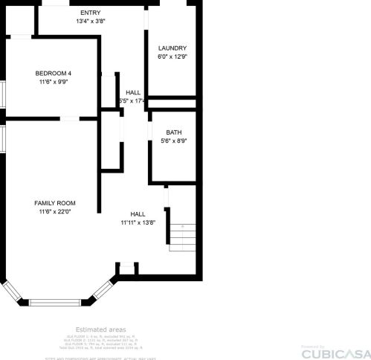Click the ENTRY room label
(91, 13)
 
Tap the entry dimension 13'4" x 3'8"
(91, 22)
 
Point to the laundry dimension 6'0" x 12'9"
(172, 57)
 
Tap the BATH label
(173, 132)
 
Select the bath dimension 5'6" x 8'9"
(173, 141)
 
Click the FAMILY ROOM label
(55, 202)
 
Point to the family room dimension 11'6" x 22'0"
(55, 212)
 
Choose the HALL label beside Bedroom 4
(133, 92)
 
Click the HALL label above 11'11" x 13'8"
(138, 213)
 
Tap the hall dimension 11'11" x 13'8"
(138, 222)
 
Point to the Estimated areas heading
(100, 329)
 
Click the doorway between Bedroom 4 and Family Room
(71, 118)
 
